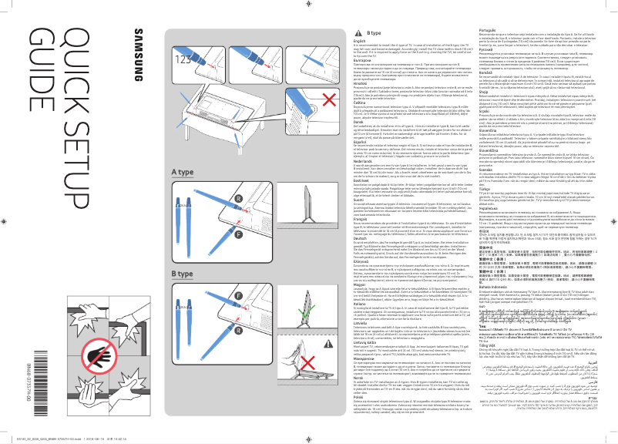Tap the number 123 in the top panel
[183, 59]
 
